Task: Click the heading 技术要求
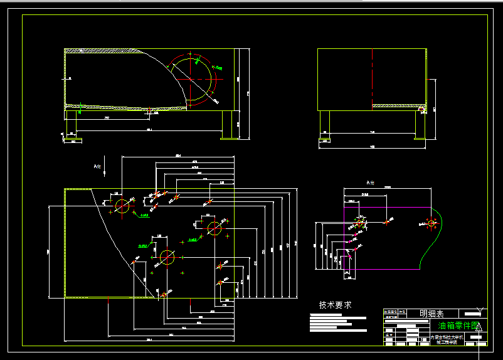click(x=335, y=305)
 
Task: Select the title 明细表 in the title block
click(x=431, y=313)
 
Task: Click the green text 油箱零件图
click(x=457, y=326)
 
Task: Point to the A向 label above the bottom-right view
click(x=370, y=183)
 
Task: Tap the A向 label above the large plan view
click(x=97, y=166)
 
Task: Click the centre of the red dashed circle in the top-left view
click(x=193, y=79)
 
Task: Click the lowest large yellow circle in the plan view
click(x=167, y=257)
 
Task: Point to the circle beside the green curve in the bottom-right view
click(x=431, y=223)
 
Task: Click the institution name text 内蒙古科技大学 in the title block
click(x=447, y=336)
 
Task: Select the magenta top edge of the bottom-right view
click(x=389, y=206)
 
